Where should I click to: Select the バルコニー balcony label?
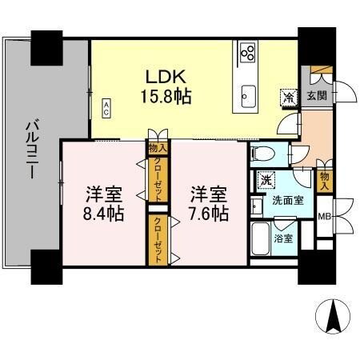click(x=32, y=153)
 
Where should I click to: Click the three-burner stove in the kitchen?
click(x=248, y=54)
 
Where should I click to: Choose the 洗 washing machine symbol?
click(x=264, y=180)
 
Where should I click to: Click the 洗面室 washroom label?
click(x=286, y=201)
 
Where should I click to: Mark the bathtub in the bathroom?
click(x=261, y=238)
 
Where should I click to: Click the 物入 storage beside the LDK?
click(x=158, y=147)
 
